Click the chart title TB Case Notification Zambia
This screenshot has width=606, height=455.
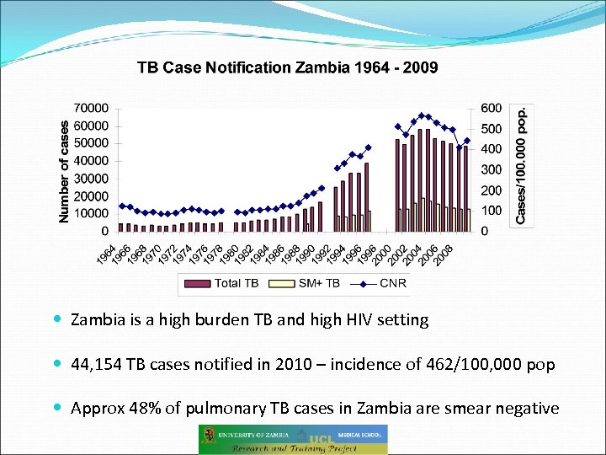point(287,67)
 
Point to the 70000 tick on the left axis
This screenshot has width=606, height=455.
point(92,108)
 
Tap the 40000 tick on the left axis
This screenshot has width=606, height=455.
point(92,161)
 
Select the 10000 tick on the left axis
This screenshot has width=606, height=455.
point(92,213)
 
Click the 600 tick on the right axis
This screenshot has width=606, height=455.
point(492,108)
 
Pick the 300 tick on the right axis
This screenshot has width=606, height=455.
point(492,169)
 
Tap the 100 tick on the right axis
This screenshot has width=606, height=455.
point(492,211)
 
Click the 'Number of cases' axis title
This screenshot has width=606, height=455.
point(65,169)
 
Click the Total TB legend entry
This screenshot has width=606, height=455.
point(227,283)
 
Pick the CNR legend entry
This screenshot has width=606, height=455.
point(378,283)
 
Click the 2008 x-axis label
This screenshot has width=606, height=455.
point(448,250)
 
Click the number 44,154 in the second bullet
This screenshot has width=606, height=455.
point(98,365)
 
